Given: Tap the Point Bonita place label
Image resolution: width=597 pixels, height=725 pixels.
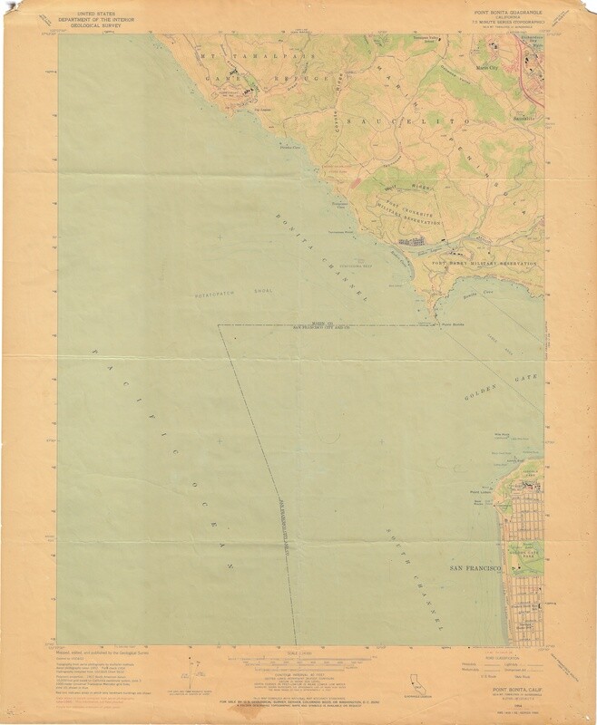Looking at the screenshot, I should coord(451,324).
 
